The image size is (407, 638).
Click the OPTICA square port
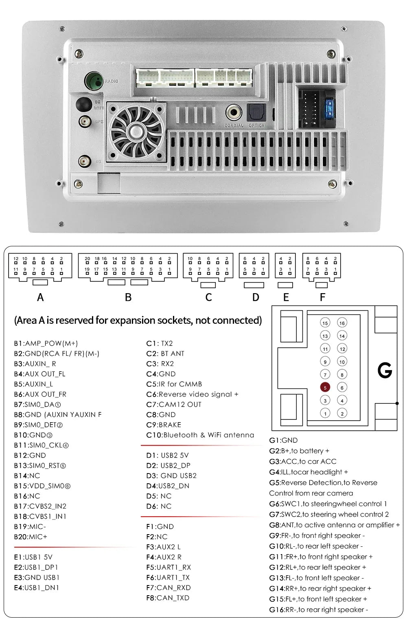point(256,112)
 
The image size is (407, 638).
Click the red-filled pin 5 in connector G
point(325,388)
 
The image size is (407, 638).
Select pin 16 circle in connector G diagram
point(342,323)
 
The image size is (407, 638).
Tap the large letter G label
point(385,370)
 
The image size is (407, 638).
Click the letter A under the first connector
point(40,298)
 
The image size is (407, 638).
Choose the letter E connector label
point(286,298)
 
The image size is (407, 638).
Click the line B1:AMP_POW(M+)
point(46,343)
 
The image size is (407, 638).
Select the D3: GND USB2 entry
point(171,476)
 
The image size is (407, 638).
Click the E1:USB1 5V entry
point(33,557)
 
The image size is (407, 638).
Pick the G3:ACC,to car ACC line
point(303,461)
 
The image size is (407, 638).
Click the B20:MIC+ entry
point(31,537)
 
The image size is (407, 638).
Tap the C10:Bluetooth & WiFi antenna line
point(200,435)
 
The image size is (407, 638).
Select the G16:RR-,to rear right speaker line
point(318,609)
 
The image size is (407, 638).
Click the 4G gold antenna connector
point(85,161)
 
